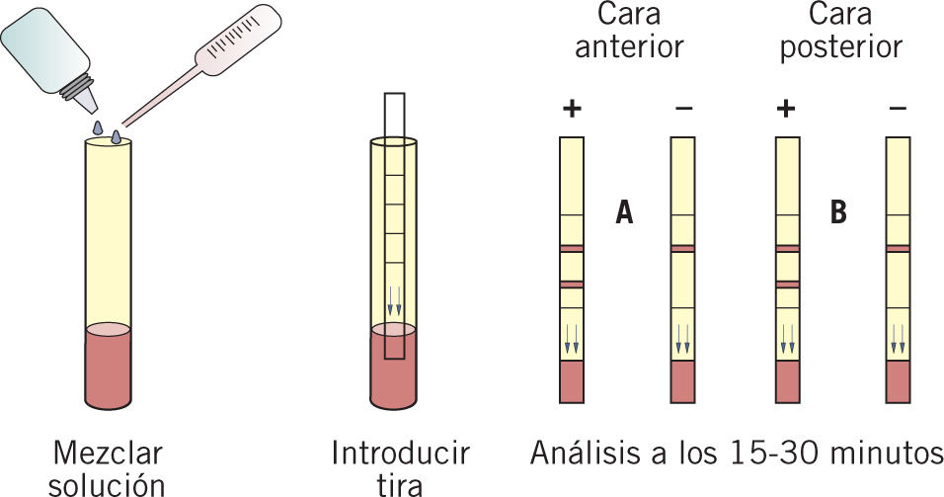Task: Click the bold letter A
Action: coord(623,212)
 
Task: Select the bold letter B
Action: coord(838,212)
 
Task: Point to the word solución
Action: coord(108,484)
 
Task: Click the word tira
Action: coord(400,484)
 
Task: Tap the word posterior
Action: coord(840,47)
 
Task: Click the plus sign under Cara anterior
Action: coord(571,109)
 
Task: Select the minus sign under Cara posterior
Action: coord(897,109)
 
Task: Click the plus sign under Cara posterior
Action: coord(786,109)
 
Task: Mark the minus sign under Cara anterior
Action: coord(683,109)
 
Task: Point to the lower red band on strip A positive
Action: coord(572,285)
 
